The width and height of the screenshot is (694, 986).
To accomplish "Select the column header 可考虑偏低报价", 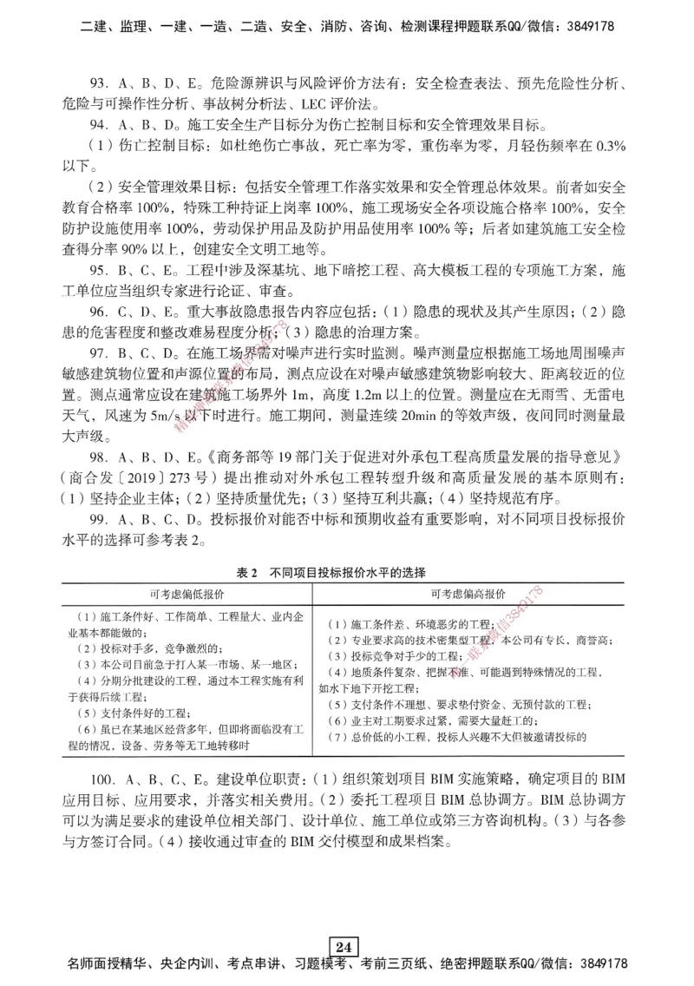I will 187,595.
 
